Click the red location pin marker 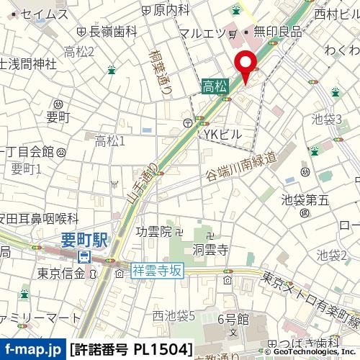coord(246,66)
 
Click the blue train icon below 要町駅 coord(84,256)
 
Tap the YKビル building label coord(223,134)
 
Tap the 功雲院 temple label coord(154,231)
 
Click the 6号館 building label coord(233,318)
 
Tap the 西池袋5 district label coord(174,315)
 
